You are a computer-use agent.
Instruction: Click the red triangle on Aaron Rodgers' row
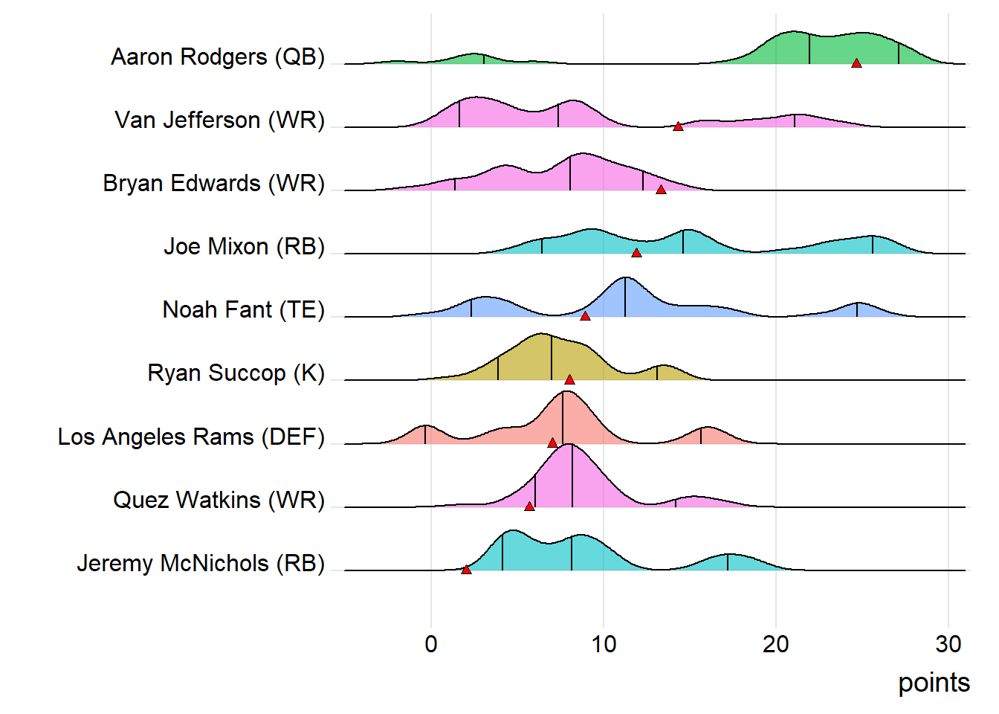point(856,63)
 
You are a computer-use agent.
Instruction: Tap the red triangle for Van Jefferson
point(678,126)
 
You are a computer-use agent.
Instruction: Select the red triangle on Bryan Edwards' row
point(661,190)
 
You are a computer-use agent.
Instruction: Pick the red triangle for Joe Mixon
point(636,253)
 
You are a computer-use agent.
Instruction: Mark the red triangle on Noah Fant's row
point(585,316)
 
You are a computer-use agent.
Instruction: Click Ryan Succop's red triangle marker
point(569,379)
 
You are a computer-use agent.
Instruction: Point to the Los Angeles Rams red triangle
point(552,443)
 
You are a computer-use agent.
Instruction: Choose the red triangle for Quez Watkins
point(529,506)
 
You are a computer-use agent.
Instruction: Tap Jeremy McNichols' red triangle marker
point(466,570)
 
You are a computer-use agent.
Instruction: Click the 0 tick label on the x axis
point(431,644)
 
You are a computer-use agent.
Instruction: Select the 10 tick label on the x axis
point(604,644)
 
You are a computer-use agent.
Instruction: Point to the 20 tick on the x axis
point(776,644)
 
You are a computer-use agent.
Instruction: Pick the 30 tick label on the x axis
point(948,644)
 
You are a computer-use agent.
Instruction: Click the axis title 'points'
point(934,683)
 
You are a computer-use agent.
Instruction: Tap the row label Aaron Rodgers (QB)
point(218,57)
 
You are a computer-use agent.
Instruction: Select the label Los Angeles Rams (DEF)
point(191,437)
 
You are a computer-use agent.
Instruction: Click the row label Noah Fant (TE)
point(244,309)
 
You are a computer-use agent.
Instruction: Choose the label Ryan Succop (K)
point(236,373)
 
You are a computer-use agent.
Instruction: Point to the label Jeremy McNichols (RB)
point(201,563)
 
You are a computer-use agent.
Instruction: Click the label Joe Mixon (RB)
point(245,246)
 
